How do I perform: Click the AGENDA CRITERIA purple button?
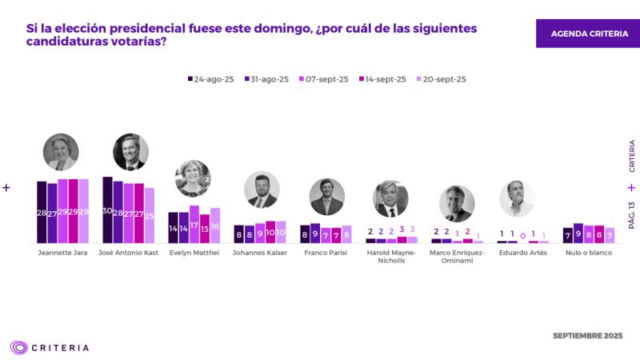click(587, 34)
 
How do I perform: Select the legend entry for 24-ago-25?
click(211, 79)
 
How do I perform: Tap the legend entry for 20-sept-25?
click(442, 79)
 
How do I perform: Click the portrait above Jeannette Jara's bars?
click(61, 152)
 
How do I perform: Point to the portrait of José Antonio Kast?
click(130, 152)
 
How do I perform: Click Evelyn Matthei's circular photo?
click(193, 178)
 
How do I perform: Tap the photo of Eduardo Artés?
click(517, 198)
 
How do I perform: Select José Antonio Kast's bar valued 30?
click(108, 210)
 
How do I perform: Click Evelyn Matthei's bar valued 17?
click(194, 224)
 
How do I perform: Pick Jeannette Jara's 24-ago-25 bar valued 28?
click(42, 212)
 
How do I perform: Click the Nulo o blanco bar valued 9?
click(578, 233)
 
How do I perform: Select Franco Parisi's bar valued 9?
click(315, 233)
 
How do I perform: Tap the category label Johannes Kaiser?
click(259, 253)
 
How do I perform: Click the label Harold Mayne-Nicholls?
click(391, 256)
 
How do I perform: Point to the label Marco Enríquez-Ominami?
click(457, 256)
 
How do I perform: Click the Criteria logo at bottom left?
click(50, 347)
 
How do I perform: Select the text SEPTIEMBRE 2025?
click(587, 336)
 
